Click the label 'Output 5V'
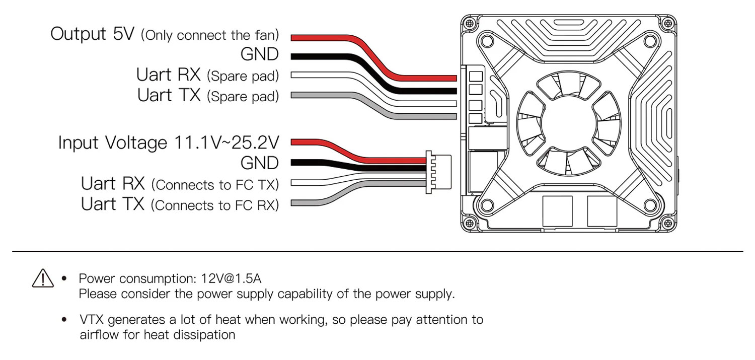pyautogui.click(x=93, y=35)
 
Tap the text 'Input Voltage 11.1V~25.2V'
pyautogui.click(x=168, y=142)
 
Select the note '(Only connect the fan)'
pyautogui.click(x=210, y=36)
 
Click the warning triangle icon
pyautogui.click(x=43, y=277)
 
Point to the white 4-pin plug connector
pyautogui.click(x=438, y=172)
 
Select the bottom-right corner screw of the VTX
pyautogui.click(x=667, y=223)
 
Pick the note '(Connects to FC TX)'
pyautogui.click(x=215, y=185)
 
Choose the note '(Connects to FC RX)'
pyautogui.click(x=215, y=205)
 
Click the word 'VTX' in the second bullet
pyautogui.click(x=92, y=320)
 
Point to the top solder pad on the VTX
pyautogui.click(x=476, y=77)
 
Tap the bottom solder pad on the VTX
pyautogui.click(x=476, y=119)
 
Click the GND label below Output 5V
pyautogui.click(x=259, y=54)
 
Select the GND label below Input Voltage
pyautogui.click(x=259, y=163)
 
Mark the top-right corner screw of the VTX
pyautogui.click(x=667, y=23)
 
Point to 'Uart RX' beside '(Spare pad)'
pyautogui.click(x=168, y=75)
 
